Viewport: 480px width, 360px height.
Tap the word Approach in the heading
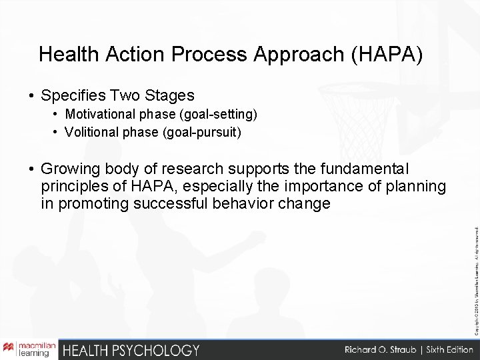click(x=284, y=54)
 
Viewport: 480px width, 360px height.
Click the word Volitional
click(x=92, y=132)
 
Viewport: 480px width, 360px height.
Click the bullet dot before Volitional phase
click(x=56, y=132)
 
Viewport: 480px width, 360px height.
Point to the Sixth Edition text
click(x=444, y=350)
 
